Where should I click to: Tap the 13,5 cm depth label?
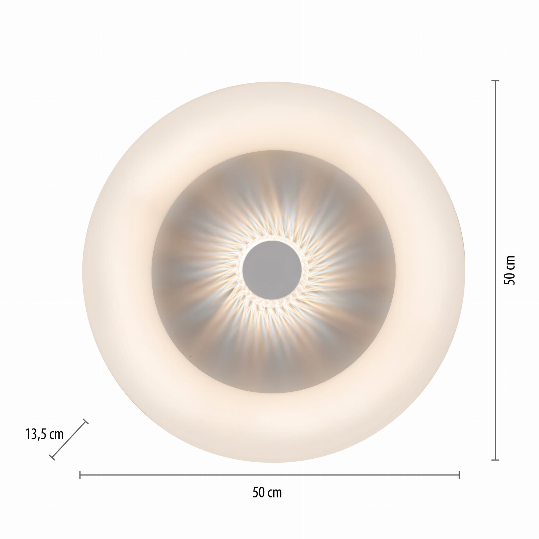pos(45,434)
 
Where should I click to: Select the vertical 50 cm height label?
pos(510,270)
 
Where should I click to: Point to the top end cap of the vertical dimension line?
pos(495,81)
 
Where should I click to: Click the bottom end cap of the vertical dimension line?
pos(495,460)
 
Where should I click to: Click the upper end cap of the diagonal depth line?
pos(86,422)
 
